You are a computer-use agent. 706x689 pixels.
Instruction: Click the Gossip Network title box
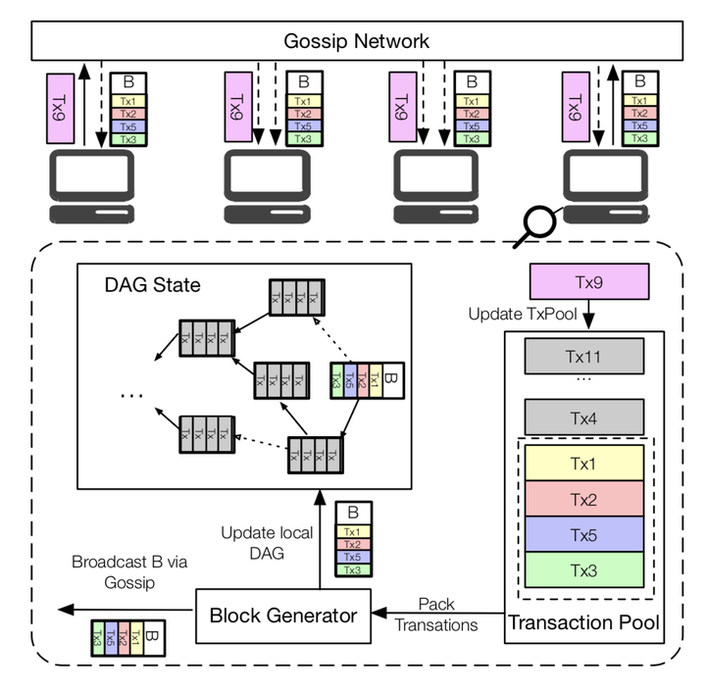click(356, 41)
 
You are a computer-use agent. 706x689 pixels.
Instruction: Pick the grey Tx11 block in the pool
click(583, 354)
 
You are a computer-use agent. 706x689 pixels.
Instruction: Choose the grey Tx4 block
click(583, 417)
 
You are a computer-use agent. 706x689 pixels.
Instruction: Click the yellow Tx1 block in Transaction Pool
click(583, 461)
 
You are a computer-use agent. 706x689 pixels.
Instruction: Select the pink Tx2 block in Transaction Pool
click(583, 498)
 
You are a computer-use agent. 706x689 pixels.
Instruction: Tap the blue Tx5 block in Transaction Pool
click(583, 535)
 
